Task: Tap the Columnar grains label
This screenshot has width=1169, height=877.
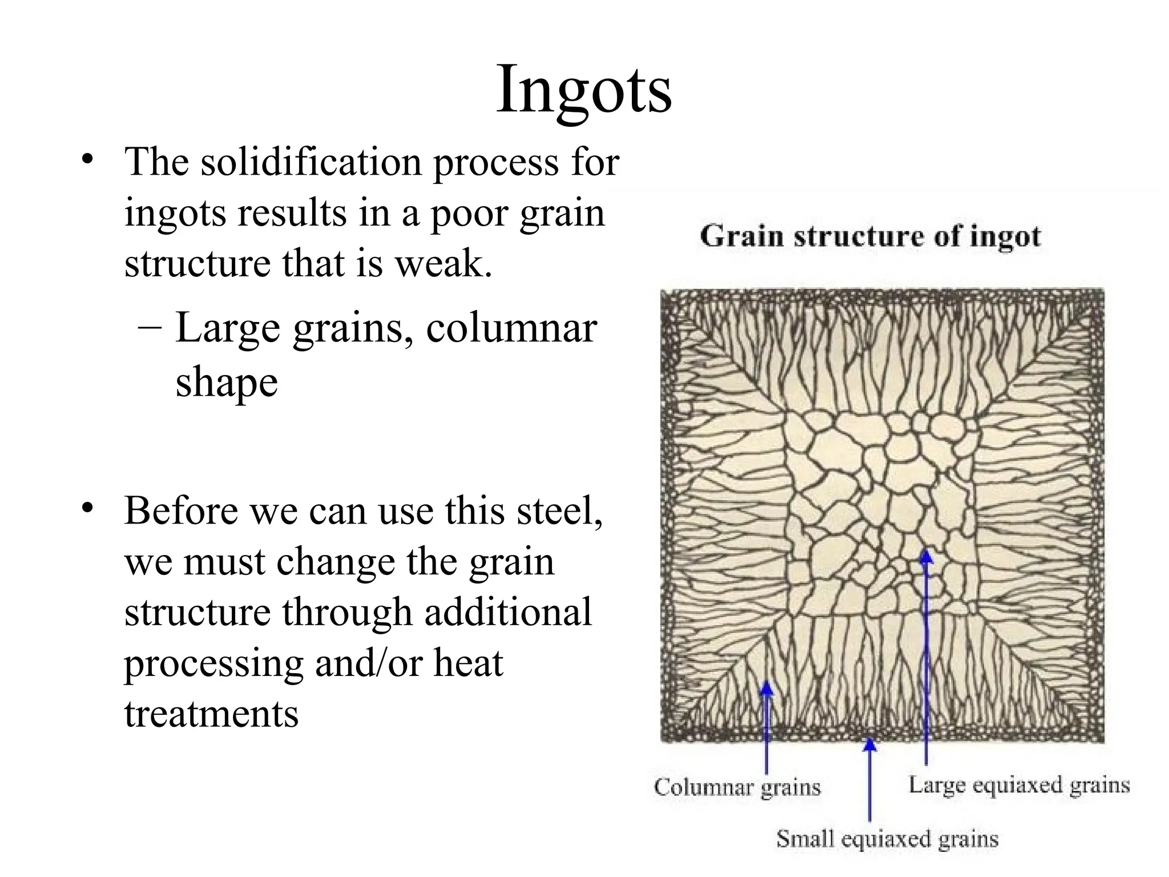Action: tap(737, 787)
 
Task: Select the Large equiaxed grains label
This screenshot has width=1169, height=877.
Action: tap(1019, 785)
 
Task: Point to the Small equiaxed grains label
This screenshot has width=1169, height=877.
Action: tap(887, 839)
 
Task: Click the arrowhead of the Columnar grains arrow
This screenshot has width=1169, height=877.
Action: tap(767, 687)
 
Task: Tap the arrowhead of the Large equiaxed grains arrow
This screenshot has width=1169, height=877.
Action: tap(926, 555)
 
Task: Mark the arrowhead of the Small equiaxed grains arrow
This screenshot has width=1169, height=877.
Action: tap(869, 744)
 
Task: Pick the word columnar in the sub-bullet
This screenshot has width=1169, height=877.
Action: tap(511, 329)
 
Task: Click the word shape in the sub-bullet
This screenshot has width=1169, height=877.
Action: tap(227, 383)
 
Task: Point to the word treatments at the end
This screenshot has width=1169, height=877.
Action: tap(211, 714)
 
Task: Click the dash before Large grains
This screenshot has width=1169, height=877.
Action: tap(149, 329)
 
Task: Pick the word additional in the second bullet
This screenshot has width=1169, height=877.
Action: tap(507, 612)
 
